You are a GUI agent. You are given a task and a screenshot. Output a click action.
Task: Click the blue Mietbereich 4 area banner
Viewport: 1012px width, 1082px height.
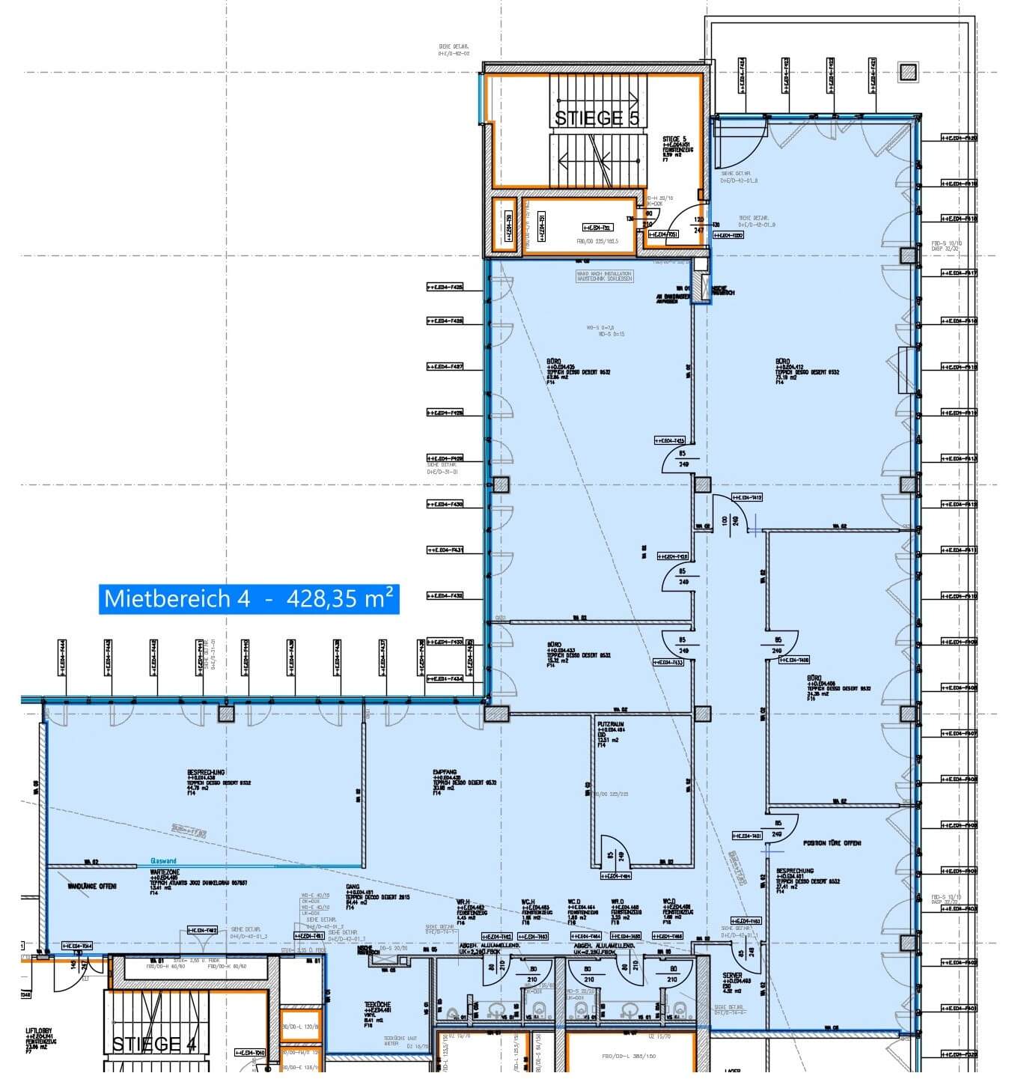pyautogui.click(x=249, y=599)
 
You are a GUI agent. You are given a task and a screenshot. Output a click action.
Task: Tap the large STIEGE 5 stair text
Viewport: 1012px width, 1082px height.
pyautogui.click(x=597, y=118)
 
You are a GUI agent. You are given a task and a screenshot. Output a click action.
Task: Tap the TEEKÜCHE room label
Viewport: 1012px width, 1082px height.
pyautogui.click(x=377, y=1006)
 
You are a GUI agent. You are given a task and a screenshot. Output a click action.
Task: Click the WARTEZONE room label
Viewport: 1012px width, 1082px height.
pyautogui.click(x=162, y=873)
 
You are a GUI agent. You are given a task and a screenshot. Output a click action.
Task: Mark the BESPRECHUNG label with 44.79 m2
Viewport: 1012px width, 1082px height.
pyautogui.click(x=206, y=772)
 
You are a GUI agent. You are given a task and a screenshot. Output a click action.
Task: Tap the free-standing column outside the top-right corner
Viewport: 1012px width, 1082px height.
pyautogui.click(x=908, y=73)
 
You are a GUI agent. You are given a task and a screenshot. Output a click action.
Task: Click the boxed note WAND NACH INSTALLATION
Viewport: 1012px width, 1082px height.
pyautogui.click(x=604, y=276)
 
